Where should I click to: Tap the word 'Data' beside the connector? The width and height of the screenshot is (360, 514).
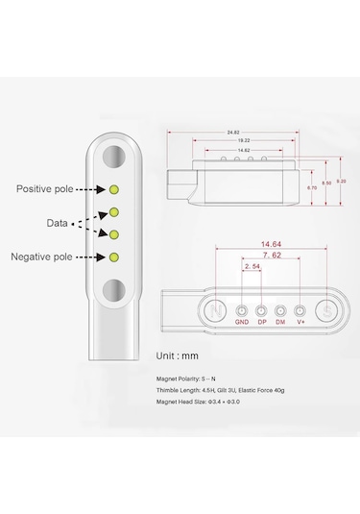(57, 222)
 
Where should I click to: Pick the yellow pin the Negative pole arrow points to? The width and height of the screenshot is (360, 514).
(114, 257)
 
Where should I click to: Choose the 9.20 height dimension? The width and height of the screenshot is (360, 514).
(340, 179)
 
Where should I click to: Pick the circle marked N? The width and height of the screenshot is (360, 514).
(218, 310)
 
